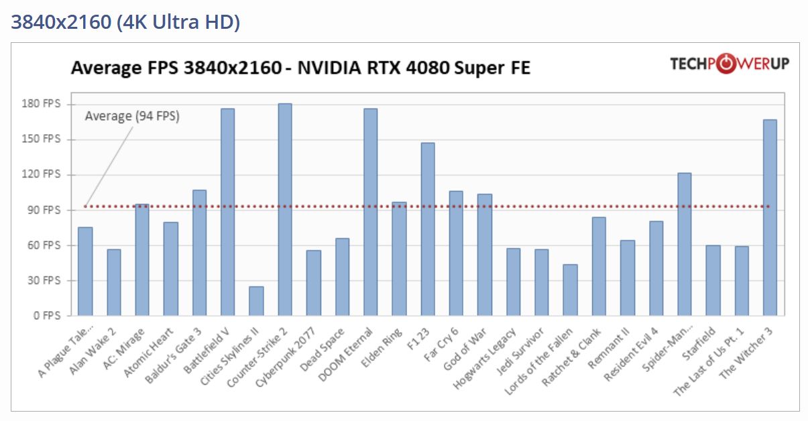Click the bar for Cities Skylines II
(x=256, y=301)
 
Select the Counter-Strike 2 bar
(x=285, y=209)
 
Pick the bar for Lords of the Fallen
(x=570, y=290)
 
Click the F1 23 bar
(x=428, y=229)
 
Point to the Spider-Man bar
(x=684, y=244)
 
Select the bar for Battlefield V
(x=228, y=212)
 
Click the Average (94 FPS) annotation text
(x=132, y=116)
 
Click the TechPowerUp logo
(x=730, y=64)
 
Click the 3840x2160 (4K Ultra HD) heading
(x=125, y=22)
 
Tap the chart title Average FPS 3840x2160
(x=300, y=68)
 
